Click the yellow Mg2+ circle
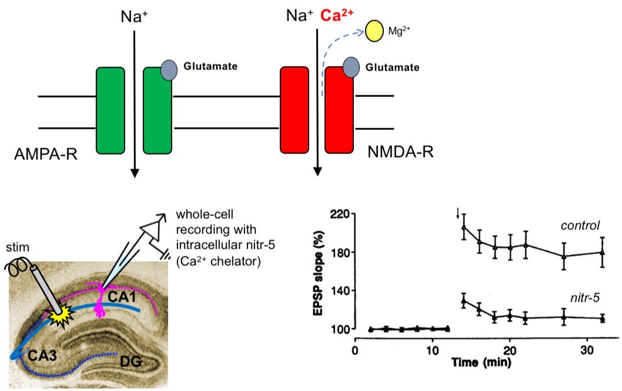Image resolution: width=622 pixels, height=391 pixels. pos(375,31)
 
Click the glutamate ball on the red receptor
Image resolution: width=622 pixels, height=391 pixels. pos(352,66)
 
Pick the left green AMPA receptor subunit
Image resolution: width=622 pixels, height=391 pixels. pos(110,111)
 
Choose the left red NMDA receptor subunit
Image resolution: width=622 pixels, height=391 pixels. pos(295,111)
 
